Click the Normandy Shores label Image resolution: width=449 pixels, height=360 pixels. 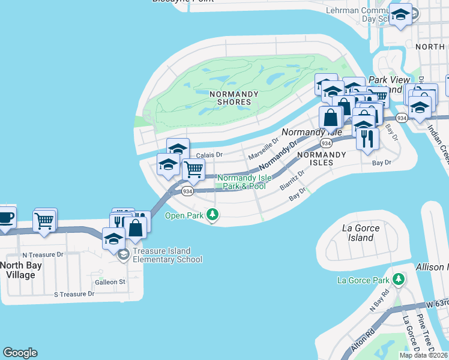point(234,98)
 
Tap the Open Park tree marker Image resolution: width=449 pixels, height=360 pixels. point(212,214)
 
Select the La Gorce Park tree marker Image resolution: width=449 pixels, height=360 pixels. point(398,280)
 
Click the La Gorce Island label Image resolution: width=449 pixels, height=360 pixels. point(357,233)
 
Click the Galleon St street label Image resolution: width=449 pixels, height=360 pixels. point(109,281)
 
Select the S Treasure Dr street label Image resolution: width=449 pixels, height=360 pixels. point(74,294)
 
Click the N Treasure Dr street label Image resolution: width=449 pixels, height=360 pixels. point(43,254)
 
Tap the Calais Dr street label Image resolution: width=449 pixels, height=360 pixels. point(209,154)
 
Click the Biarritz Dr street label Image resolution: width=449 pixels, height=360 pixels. point(292,179)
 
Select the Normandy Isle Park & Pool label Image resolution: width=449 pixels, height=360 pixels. point(241,182)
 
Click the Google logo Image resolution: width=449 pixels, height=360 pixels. point(20,353)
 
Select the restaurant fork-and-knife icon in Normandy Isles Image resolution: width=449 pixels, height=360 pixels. point(366,139)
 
